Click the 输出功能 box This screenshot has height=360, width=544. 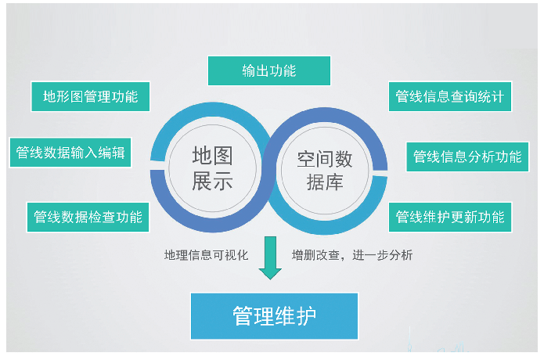pyautogui.click(x=268, y=70)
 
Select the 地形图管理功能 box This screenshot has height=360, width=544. pyautogui.click(x=90, y=96)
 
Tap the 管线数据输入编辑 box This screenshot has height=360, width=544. pyautogui.click(x=70, y=153)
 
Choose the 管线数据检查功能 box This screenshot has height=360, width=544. pyautogui.click(x=88, y=216)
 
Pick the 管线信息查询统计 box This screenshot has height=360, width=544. pyautogui.click(x=449, y=97)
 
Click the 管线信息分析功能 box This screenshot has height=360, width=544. pyautogui.click(x=467, y=157)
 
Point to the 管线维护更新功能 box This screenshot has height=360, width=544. pyautogui.click(x=449, y=216)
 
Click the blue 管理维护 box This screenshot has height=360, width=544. pyautogui.click(x=274, y=315)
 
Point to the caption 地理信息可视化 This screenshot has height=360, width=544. pyautogui.click(x=206, y=255)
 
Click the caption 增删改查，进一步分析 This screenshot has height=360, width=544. pyautogui.click(x=351, y=255)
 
